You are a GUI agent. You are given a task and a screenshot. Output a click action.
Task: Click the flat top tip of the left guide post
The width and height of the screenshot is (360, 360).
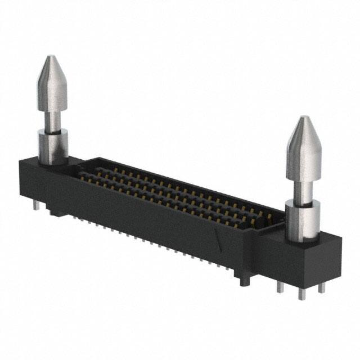51,56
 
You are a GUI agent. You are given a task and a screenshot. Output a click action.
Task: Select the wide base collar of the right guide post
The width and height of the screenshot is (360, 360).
303,221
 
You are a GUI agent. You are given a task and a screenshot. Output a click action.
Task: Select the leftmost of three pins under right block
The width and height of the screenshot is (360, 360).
280,286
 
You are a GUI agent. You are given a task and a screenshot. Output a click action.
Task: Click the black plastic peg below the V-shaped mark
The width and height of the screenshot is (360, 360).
243,280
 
